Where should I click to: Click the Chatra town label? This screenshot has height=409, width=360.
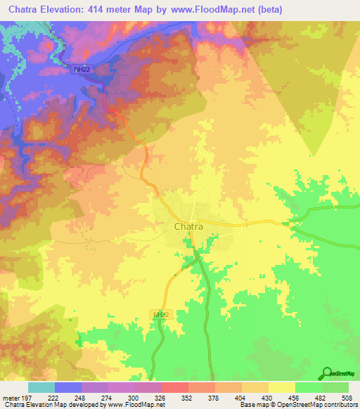pyautogui.click(x=188, y=226)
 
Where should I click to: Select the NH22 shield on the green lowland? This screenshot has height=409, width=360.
pyautogui.click(x=162, y=315)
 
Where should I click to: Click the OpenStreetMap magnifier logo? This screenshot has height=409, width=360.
pyautogui.click(x=326, y=375)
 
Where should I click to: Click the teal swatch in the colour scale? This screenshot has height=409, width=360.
pyautogui.click(x=41, y=388)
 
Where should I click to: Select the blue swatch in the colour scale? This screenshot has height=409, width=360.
pyautogui.click(x=67, y=388)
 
